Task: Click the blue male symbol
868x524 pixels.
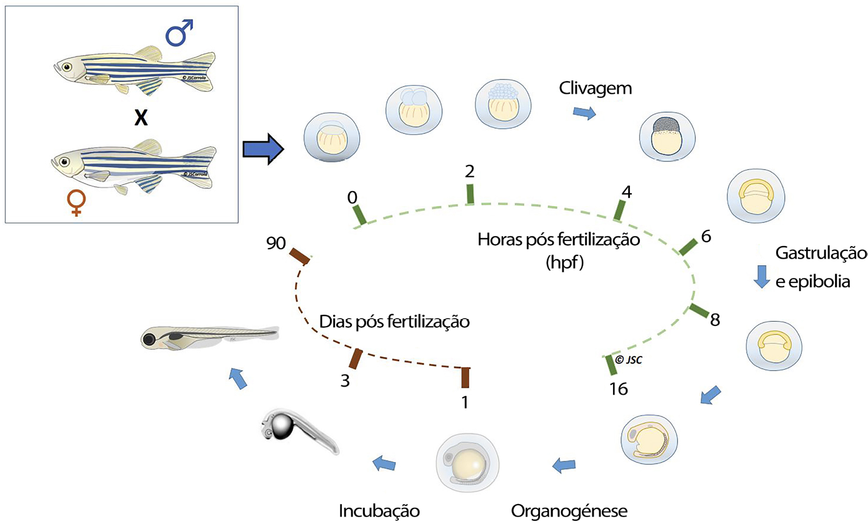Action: tap(179, 33)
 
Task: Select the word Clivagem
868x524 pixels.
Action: tap(596, 89)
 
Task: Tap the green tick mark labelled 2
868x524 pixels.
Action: tap(471, 194)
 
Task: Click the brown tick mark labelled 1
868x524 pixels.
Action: tap(465, 378)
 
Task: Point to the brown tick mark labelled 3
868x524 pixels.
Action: tap(356, 358)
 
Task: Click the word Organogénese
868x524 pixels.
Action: tap(569, 510)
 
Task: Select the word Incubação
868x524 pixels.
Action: tap(379, 510)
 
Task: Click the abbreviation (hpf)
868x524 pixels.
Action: tap(564, 263)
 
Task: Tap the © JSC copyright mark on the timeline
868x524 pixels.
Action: tap(629, 359)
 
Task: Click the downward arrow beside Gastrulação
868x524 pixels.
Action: tap(761, 276)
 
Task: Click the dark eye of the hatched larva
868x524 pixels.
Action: tap(150, 340)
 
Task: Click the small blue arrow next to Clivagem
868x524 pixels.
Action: tap(584, 112)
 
